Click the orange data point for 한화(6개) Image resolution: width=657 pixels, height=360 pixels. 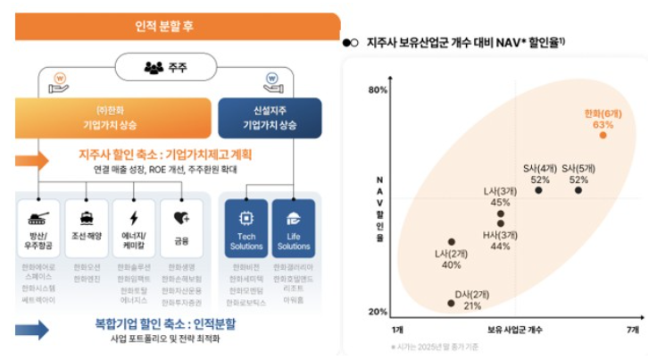tap(603, 135)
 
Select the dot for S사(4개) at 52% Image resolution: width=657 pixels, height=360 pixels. tap(538, 190)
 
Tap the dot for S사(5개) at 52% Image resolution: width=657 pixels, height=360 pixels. tap(578, 190)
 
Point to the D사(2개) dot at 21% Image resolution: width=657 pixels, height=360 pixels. tap(451, 304)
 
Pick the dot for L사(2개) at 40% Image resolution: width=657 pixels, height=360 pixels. tap(452, 241)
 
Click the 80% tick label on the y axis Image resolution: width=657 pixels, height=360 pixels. tap(377, 90)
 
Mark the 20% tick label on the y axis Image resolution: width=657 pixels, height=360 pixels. tap(377, 312)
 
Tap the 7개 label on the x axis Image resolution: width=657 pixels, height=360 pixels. tap(633, 330)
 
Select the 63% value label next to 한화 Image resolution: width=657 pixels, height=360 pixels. tap(603, 124)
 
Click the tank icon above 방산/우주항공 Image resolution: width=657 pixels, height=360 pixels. tap(39, 217)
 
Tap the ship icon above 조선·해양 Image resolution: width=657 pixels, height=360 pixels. tap(87, 217)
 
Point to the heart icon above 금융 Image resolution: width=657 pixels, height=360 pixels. tap(181, 217)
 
